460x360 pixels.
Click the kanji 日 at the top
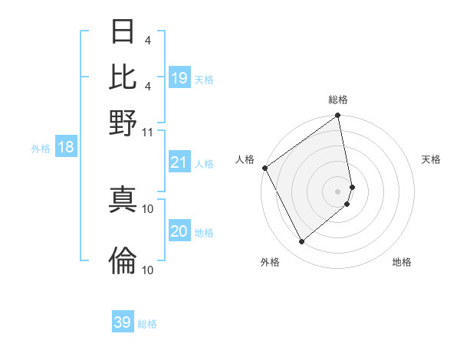(x=123, y=31)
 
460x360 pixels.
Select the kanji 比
(x=123, y=77)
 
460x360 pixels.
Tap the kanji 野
(x=123, y=122)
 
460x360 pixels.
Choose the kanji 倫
(x=123, y=260)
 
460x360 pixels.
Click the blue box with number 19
(x=179, y=78)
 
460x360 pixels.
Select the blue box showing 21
(x=179, y=162)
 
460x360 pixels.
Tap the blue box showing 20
(x=179, y=232)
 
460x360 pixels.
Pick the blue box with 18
(x=66, y=148)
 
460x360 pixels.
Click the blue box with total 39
(x=123, y=322)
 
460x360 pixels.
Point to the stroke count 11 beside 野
(x=147, y=131)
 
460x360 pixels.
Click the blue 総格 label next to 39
(x=147, y=324)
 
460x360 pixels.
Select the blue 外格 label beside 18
(x=40, y=149)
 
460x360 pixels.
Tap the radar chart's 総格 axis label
(x=338, y=100)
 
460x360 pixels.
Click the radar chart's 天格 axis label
(x=431, y=159)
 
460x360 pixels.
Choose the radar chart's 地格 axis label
(x=402, y=262)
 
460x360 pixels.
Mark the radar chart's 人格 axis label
(x=245, y=159)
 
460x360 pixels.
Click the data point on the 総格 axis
(x=338, y=116)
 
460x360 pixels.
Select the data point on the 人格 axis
(x=265, y=168)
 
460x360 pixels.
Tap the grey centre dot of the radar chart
(x=338, y=190)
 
